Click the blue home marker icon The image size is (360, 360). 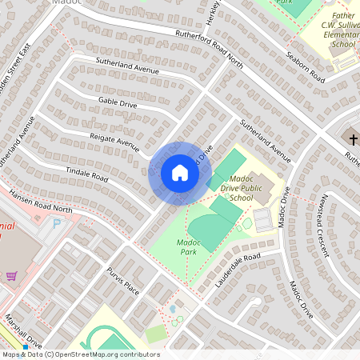[x=179, y=173]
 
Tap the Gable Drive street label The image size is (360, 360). [x=118, y=104]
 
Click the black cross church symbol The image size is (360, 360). [x=353, y=140]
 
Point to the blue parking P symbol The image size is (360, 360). [x=56, y=225]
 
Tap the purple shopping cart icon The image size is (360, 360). [x=11, y=276]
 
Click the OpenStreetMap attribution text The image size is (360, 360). [x=80, y=354]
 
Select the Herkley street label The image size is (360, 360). [x=212, y=16]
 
